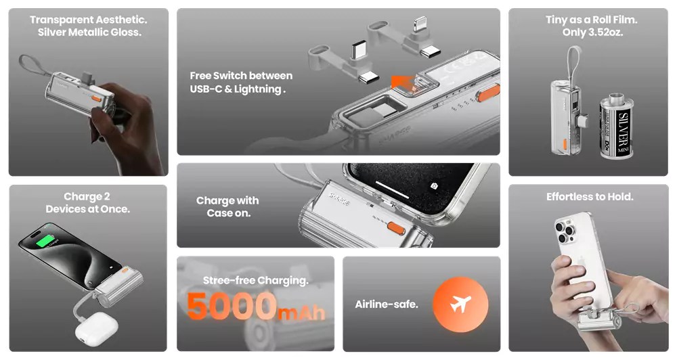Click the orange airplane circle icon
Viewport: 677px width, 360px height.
460,305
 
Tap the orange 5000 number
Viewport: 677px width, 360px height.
232,306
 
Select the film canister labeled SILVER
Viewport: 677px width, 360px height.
617,126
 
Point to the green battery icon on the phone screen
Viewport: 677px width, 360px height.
45,241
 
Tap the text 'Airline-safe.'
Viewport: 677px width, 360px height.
387,305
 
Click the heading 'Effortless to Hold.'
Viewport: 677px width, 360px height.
590,197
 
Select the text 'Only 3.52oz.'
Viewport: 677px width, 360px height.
592,32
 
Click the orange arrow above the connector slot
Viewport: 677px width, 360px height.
402,82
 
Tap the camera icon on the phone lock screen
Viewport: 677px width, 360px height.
434,185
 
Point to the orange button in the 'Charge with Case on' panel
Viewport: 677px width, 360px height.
396,228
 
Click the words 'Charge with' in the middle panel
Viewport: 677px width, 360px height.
227,201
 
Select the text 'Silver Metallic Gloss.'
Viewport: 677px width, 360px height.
89,32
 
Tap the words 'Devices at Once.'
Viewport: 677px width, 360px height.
87,209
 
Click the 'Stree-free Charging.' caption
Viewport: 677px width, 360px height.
256,281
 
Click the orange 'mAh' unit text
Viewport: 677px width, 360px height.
301,312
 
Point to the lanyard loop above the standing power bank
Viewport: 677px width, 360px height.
574,65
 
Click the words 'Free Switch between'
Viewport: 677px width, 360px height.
241,76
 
